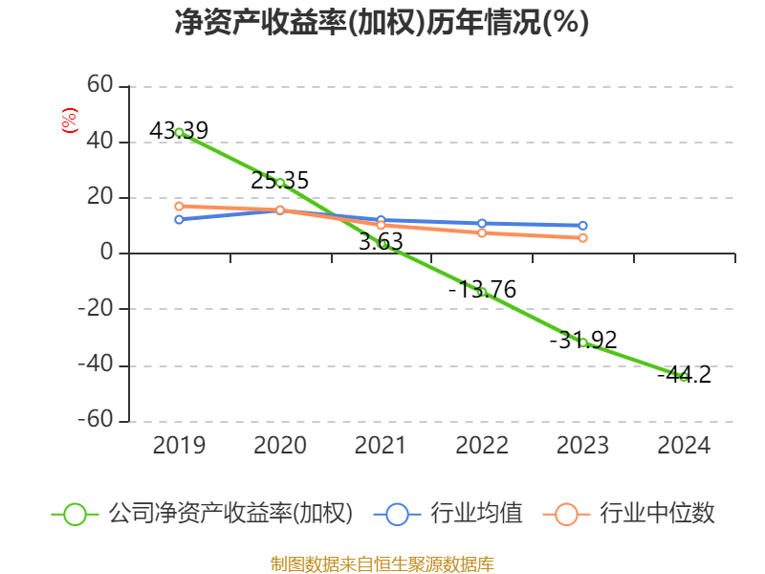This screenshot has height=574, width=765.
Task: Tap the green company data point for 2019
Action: tap(179, 132)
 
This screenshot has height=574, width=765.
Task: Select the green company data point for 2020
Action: tap(280, 183)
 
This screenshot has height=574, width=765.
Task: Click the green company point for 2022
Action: tap(482, 292)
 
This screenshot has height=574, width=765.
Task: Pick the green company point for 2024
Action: tap(684, 376)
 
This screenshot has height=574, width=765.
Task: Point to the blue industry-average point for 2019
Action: tap(179, 219)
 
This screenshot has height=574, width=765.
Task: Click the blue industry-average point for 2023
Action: tap(583, 226)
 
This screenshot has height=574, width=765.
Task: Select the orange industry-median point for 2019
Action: tap(179, 206)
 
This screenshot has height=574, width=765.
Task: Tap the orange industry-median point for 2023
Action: tap(583, 237)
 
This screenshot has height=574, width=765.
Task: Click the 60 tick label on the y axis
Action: tap(100, 86)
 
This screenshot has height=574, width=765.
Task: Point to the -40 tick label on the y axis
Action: tap(95, 365)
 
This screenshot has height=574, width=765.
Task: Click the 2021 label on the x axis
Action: tap(381, 446)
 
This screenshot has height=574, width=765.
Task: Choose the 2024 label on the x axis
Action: tap(684, 446)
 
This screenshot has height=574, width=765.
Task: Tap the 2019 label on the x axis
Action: tap(179, 446)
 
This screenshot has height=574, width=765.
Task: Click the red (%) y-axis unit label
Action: tap(69, 121)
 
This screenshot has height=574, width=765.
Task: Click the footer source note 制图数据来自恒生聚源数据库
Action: tap(382, 563)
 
